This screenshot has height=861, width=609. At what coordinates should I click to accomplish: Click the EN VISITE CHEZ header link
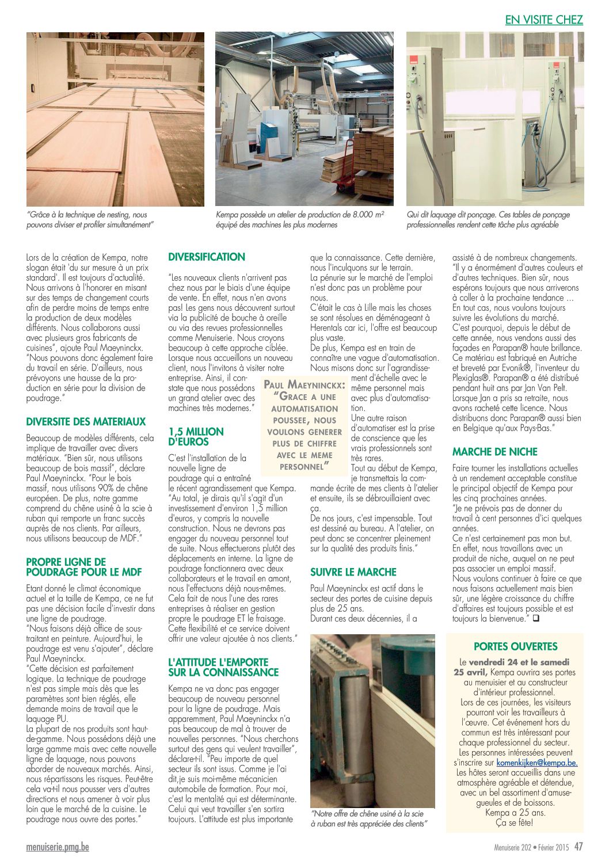tap(544, 20)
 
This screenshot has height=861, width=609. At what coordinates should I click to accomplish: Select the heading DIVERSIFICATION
tap(207, 257)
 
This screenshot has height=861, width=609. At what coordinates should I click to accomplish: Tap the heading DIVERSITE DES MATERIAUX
tap(86, 421)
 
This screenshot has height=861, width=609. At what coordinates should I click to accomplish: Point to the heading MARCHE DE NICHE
tap(494, 452)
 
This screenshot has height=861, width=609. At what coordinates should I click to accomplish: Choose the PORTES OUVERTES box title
tap(515, 646)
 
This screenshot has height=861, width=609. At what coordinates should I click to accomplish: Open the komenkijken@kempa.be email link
tap(536, 763)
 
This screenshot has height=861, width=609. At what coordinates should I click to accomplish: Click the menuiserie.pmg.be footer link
tap(58, 847)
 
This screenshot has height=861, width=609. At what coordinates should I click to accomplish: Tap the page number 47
tap(578, 847)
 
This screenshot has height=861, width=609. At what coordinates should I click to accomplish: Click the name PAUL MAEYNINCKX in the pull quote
tap(304, 384)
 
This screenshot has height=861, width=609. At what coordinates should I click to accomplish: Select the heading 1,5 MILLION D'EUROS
tap(196, 436)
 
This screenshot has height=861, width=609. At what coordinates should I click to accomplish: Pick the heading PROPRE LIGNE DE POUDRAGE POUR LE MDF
tap(83, 567)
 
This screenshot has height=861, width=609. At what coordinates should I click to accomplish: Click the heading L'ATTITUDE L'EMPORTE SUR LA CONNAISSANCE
tap(223, 667)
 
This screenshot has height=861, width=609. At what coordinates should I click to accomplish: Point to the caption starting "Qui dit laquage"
tap(488, 219)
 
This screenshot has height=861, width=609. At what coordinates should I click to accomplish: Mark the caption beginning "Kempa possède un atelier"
tap(300, 219)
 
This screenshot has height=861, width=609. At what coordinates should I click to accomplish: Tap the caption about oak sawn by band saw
tap(368, 818)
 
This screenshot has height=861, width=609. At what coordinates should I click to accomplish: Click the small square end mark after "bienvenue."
tap(535, 619)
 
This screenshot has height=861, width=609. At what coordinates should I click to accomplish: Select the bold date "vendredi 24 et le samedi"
tap(519, 662)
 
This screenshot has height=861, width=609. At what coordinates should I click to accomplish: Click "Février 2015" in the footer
tap(555, 847)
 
